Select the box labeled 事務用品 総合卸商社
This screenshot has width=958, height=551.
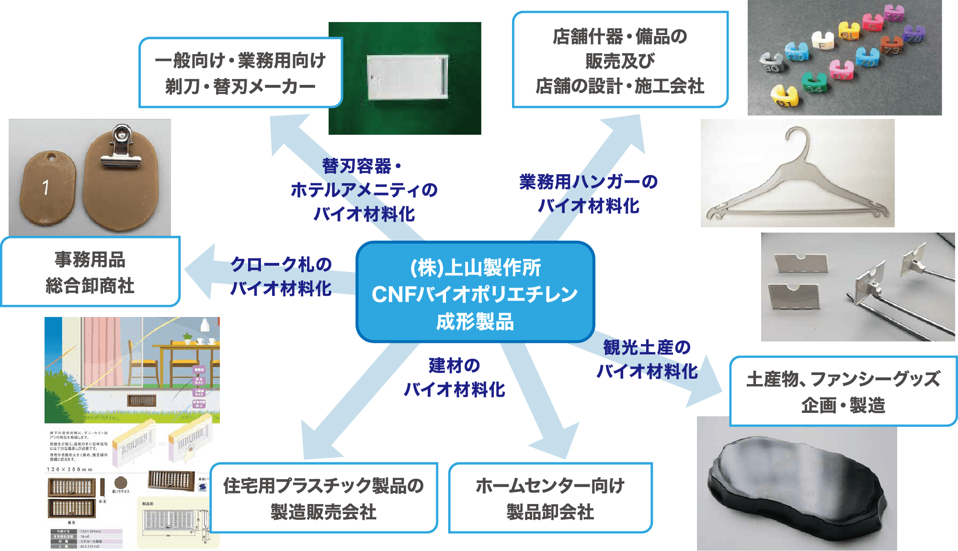pyautogui.click(x=90, y=272)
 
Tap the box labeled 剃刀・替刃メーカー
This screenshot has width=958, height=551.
pyautogui.click(x=240, y=73)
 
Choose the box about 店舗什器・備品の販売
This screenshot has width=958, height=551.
pyautogui.click(x=620, y=60)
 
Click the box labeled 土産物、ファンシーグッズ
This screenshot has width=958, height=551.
pyautogui.click(x=843, y=391)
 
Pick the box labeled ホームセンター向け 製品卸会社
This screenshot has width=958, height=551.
pyautogui.click(x=550, y=498)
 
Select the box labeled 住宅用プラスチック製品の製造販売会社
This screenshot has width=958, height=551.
pyautogui.click(x=324, y=498)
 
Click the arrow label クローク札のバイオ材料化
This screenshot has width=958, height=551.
pyautogui.click(x=281, y=276)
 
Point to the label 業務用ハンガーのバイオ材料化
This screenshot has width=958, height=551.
pyautogui.click(x=589, y=194)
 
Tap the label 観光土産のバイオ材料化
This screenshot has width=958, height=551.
pyautogui.click(x=647, y=359)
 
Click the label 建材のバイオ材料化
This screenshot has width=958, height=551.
pyautogui.click(x=454, y=377)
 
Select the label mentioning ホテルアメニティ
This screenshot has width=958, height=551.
pyautogui.click(x=364, y=190)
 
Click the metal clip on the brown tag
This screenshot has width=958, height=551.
pyautogui.click(x=120, y=149)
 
